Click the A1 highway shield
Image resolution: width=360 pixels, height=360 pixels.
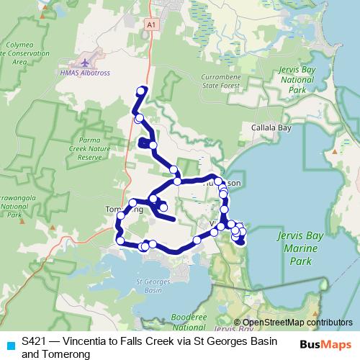(x=150, y=24)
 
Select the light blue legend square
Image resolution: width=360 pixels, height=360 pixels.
(x=9, y=345)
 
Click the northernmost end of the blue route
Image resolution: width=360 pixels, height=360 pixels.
(x=143, y=89)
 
